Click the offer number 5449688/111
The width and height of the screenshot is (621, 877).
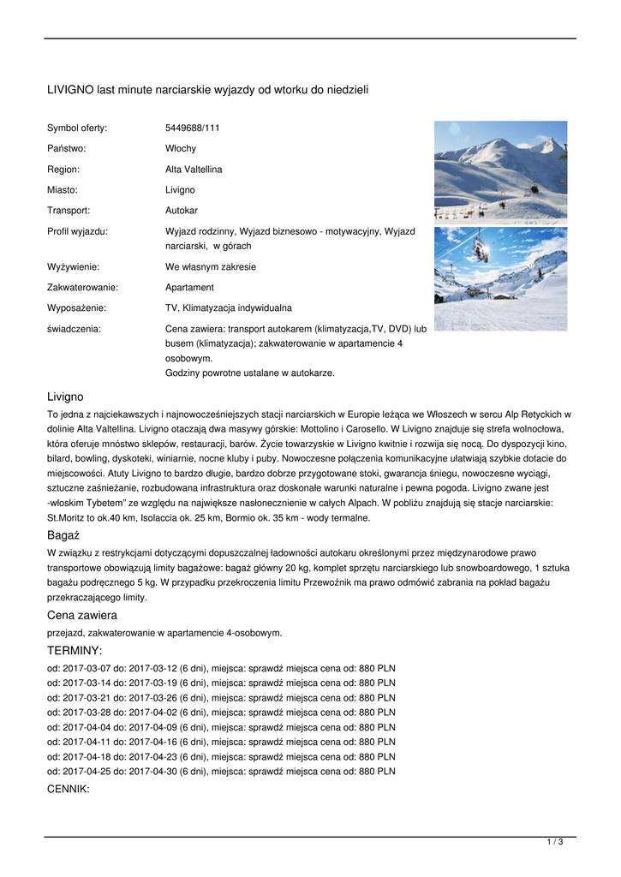coord(192,128)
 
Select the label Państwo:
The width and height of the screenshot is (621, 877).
coord(66,149)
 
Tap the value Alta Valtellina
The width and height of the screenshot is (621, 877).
coord(194,170)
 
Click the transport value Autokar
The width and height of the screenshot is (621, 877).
coord(182,210)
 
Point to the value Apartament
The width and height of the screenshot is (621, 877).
coord(189,288)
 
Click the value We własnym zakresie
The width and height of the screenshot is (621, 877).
coord(210,267)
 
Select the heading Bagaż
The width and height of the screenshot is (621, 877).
coord(63,535)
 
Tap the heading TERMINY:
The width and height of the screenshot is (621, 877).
coord(74,651)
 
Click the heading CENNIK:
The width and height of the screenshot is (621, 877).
coord(68,789)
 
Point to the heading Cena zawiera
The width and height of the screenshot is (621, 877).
coord(81,615)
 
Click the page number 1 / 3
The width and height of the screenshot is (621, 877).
coord(554,843)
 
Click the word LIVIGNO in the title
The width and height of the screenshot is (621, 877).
coord(70,90)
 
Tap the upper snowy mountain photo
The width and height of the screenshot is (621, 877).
coord(500,171)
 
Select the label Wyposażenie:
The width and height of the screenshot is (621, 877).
coord(76,308)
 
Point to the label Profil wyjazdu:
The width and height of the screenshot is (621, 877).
coord(77,231)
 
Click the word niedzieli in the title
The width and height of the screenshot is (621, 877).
coord(347,90)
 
